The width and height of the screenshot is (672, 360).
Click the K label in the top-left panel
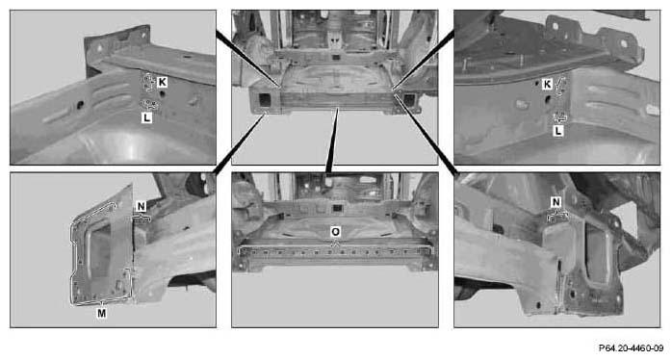coord(162,82)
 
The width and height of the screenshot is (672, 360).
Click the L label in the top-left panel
coord(146,117)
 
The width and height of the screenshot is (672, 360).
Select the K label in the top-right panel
coord(547,85)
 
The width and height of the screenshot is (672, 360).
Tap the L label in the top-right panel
coord(558,131)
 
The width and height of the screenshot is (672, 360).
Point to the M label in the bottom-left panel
coord(102,313)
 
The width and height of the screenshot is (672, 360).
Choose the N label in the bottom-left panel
coord(141,207)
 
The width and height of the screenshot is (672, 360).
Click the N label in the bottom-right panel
coord(556,202)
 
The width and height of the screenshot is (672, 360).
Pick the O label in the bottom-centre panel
coord(336,232)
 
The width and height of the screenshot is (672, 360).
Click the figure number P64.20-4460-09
coord(631,348)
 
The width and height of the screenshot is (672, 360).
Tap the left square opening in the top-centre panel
coord(264,100)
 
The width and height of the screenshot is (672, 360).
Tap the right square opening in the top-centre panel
coord(410,100)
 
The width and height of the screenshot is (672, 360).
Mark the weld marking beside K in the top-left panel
coord(148,82)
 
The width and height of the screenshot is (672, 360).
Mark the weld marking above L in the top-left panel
coord(150,105)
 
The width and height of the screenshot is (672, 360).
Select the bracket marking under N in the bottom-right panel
coord(557,216)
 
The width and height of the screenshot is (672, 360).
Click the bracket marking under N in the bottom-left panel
coord(142,219)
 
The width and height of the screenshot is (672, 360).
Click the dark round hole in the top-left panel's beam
coord(80,105)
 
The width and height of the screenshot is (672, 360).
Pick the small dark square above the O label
coord(337,208)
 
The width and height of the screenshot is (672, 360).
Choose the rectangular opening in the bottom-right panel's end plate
coord(599,253)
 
